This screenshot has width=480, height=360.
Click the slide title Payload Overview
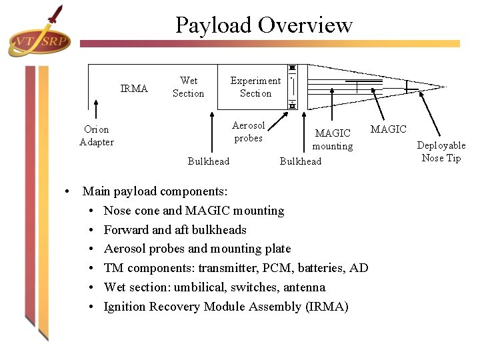(x=263, y=25)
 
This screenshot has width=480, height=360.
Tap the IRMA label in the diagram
(x=134, y=89)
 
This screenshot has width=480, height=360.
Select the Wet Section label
(x=188, y=87)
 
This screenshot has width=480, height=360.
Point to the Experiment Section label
(x=255, y=87)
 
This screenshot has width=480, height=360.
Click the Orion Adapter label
(x=97, y=135)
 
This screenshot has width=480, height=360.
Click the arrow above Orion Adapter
(x=97, y=110)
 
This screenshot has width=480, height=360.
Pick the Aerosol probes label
(x=248, y=131)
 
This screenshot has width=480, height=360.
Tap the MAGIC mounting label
(x=333, y=140)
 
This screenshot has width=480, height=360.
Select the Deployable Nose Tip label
(x=441, y=151)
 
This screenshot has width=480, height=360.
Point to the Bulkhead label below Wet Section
(x=208, y=161)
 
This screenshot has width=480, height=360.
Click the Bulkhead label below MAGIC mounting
(x=300, y=161)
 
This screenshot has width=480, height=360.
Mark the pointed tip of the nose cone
(x=445, y=86)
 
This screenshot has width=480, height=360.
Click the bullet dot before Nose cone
(x=91, y=211)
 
